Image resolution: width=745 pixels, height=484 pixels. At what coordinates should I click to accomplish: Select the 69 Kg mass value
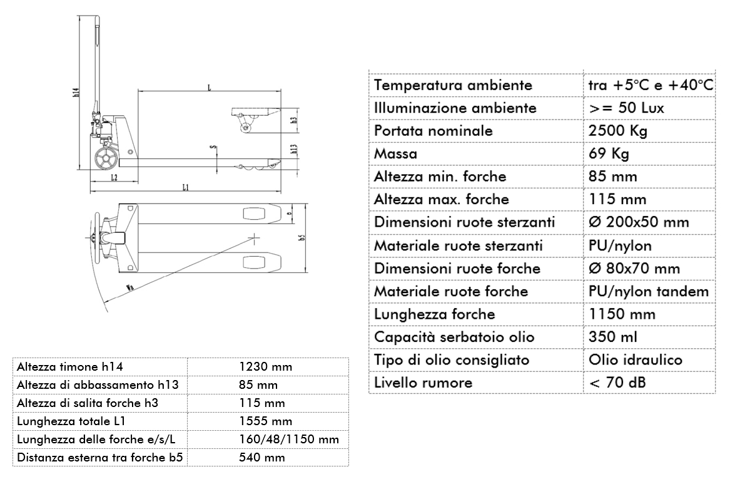coord(609,153)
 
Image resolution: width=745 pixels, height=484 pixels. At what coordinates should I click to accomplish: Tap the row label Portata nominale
coord(433,131)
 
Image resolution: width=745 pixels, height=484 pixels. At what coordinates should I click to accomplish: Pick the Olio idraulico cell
coord(636,360)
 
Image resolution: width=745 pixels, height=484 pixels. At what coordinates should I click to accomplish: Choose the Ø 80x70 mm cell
coord(634,268)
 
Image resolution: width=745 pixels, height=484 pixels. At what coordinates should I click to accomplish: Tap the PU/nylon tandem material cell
coord(649,291)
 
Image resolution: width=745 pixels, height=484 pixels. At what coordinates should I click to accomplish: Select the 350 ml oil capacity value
coord(613,337)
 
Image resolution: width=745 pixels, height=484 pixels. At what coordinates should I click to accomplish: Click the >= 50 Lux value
coord(626,108)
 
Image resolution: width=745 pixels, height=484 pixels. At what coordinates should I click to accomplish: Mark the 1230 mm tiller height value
coord(266,366)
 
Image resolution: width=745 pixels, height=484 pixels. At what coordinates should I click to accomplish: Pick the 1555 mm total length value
coord(266,421)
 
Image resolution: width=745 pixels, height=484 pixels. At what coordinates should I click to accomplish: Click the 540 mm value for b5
coord(262,458)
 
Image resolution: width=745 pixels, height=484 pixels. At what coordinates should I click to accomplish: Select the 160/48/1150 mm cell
coord(289,440)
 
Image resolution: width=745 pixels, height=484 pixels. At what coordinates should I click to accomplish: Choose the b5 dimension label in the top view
coord(301,238)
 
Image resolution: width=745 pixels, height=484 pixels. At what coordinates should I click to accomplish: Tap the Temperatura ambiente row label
coord(453,85)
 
